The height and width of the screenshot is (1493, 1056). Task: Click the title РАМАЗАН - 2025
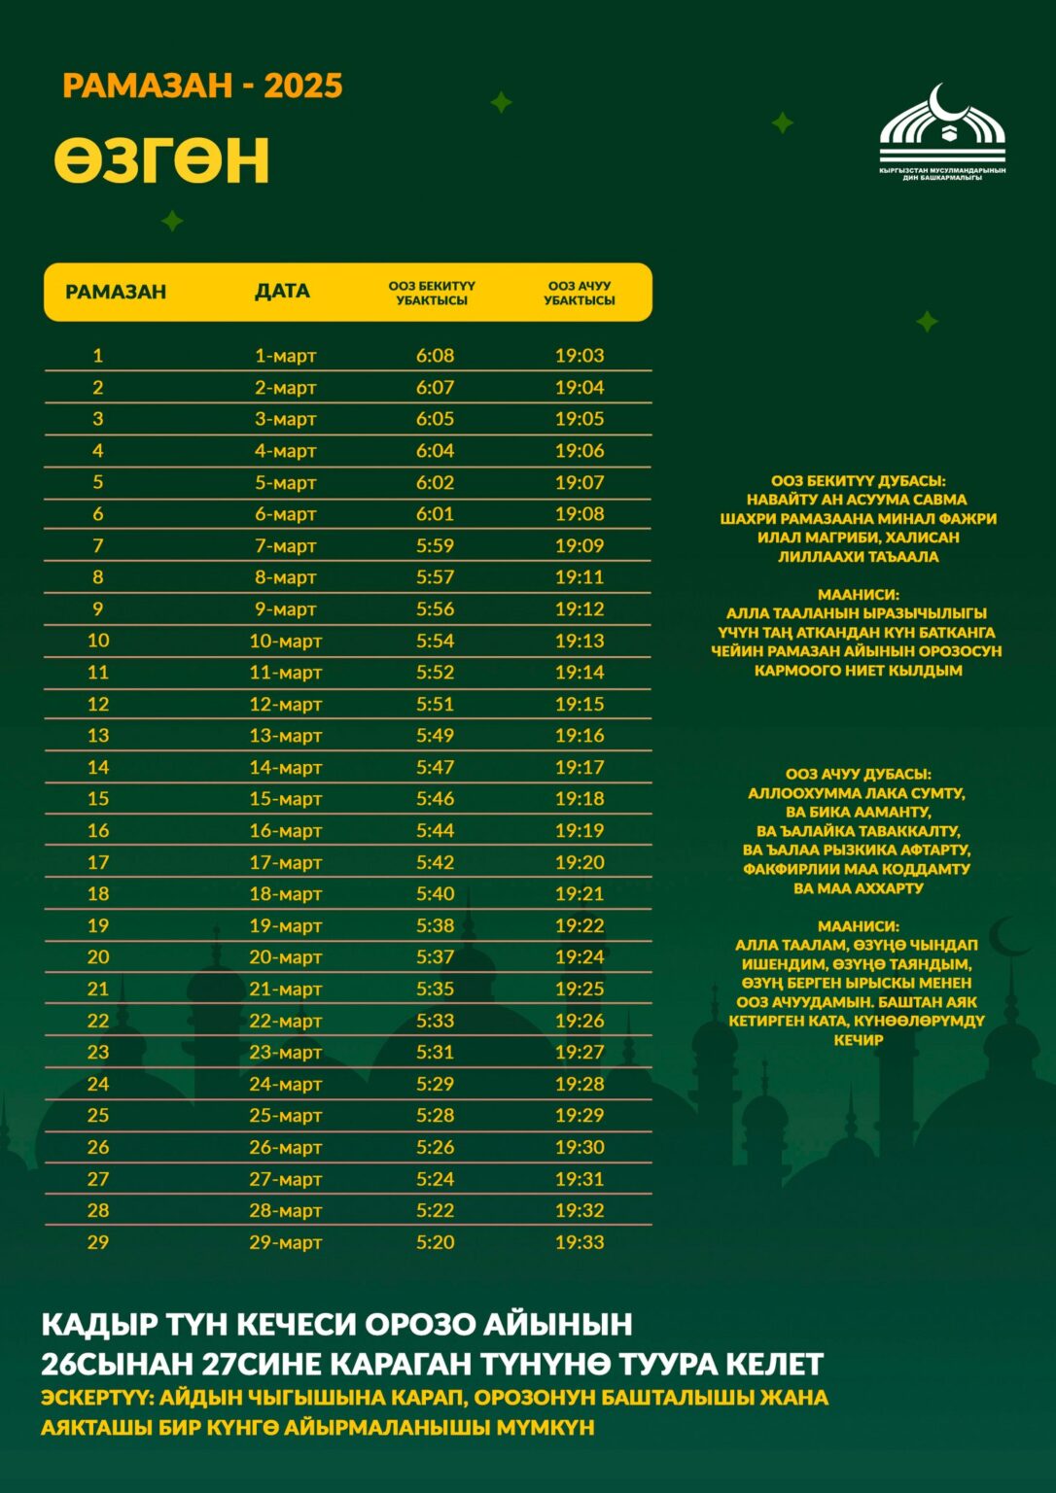tap(202, 87)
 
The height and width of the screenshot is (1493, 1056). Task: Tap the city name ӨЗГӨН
tap(161, 161)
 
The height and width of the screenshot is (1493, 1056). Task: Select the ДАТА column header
tap(282, 292)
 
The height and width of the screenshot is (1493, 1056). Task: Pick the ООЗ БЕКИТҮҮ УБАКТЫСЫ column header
tap(432, 293)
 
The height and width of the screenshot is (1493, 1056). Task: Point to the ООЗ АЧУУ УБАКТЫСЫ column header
tap(580, 293)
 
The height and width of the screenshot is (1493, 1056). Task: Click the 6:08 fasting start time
tap(435, 356)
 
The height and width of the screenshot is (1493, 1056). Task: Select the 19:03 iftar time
tap(580, 356)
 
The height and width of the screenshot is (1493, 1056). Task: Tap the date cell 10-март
tap(285, 642)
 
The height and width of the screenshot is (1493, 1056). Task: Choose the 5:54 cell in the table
tap(435, 641)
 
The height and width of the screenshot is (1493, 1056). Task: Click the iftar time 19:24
tap(580, 957)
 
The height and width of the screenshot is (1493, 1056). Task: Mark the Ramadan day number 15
tap(98, 799)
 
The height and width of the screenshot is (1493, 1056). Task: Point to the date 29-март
tap(285, 1242)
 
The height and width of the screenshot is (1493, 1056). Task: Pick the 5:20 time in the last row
tap(435, 1242)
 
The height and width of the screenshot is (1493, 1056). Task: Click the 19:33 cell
tap(580, 1242)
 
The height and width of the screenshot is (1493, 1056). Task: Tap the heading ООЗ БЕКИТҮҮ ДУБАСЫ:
tap(858, 480)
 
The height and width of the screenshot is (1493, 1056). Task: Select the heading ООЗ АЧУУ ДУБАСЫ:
tap(858, 774)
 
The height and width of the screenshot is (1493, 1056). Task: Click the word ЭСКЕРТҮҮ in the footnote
tap(95, 1398)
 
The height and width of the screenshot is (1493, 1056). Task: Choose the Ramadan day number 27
tap(98, 1179)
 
